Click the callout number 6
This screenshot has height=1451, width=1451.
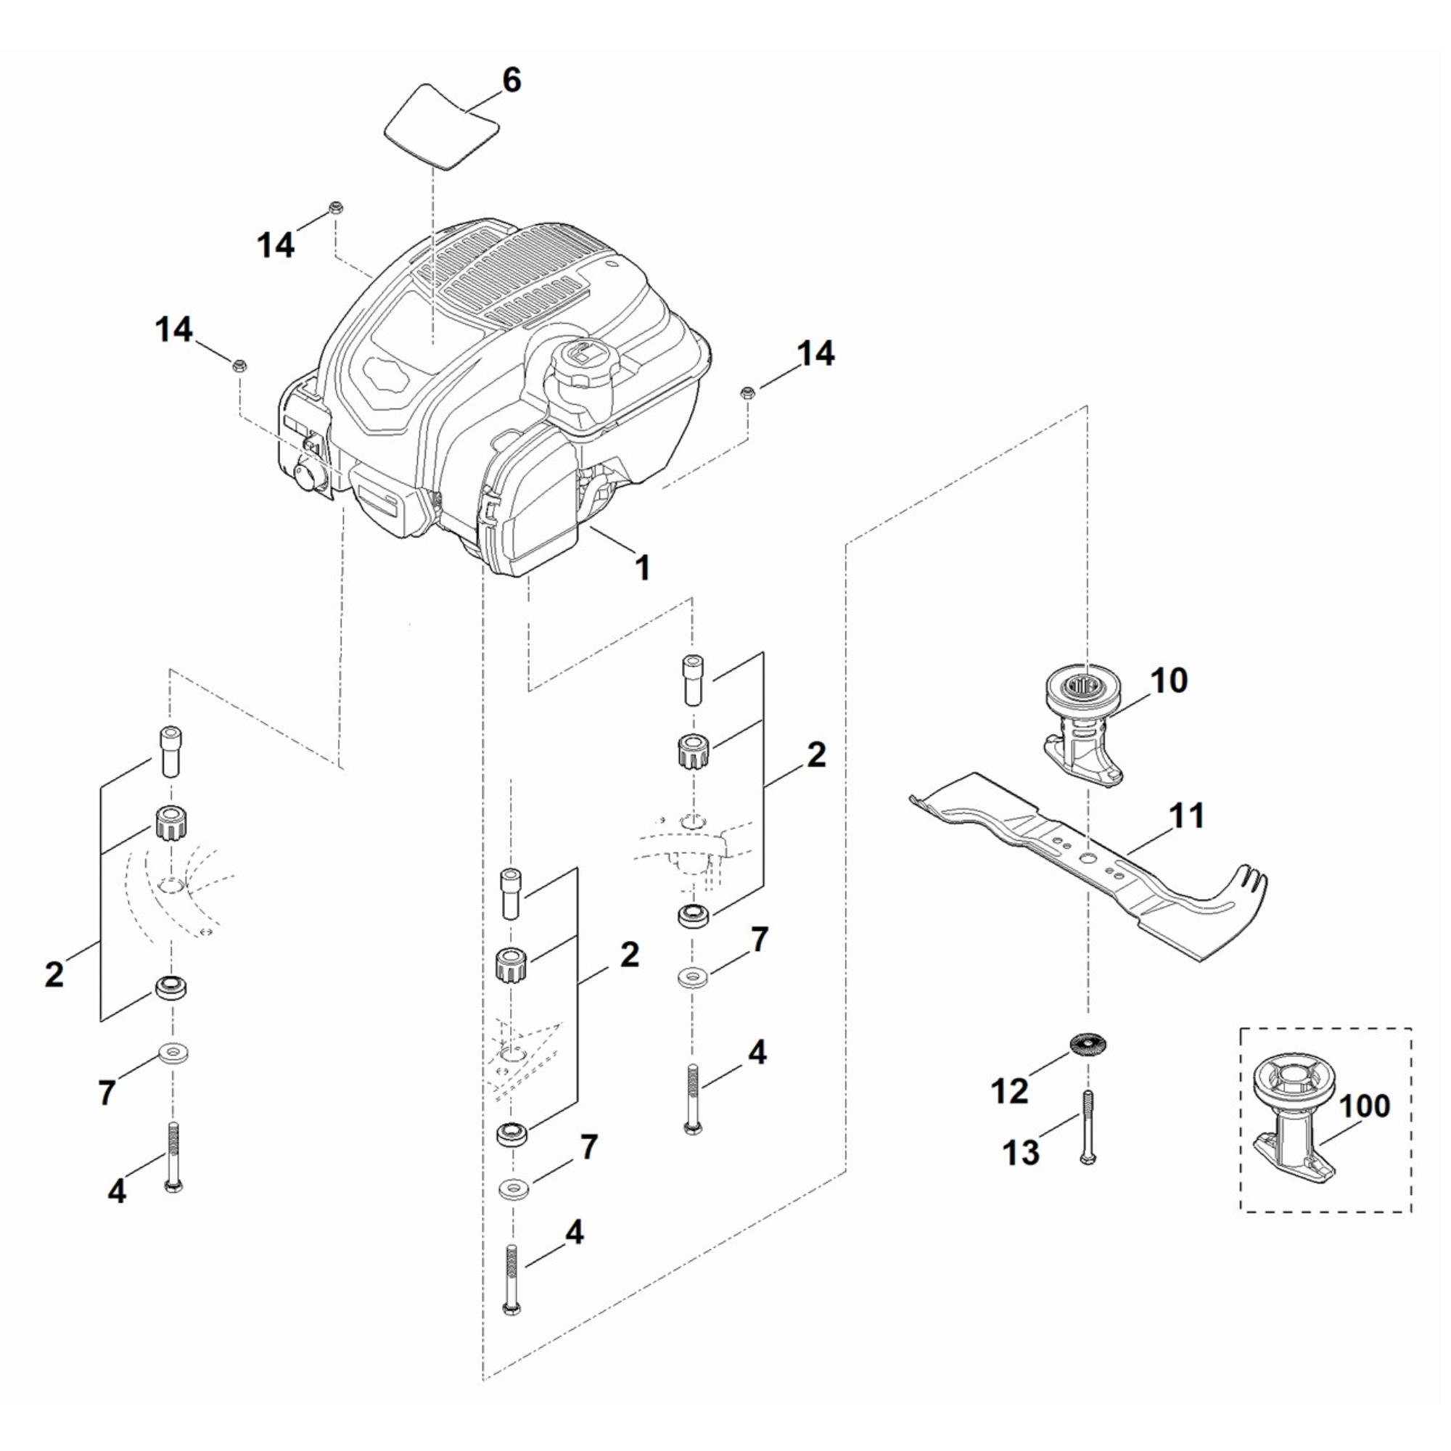click(x=511, y=80)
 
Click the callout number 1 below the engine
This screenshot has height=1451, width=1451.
click(x=642, y=567)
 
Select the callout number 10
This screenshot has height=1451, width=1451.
click(x=1169, y=681)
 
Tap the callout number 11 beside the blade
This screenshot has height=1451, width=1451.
click(x=1188, y=815)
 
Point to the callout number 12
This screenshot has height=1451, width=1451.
click(x=1009, y=1090)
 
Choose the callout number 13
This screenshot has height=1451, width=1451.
click(x=1021, y=1151)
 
